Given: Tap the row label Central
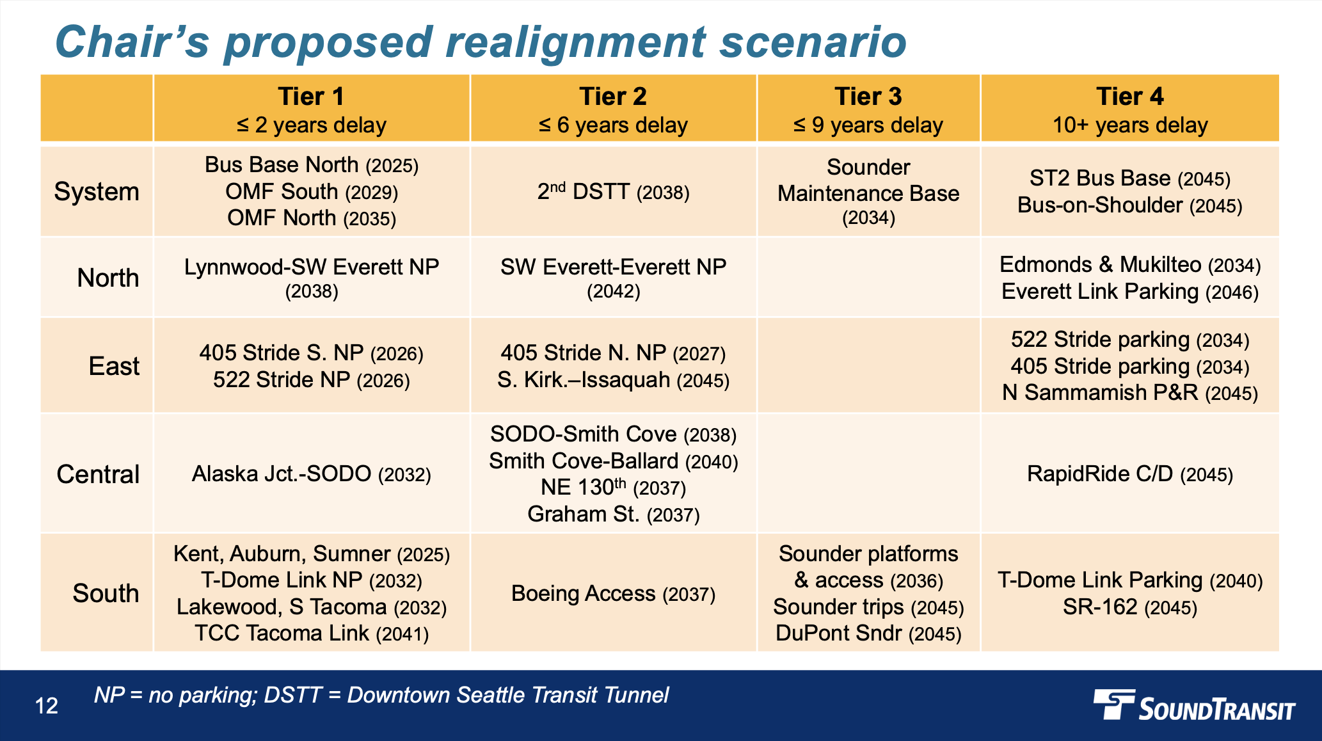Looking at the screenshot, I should pyautogui.click(x=98, y=474).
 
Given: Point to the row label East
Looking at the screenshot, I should pyautogui.click(x=114, y=366).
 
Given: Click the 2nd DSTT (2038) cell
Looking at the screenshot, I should pyautogui.click(x=613, y=192).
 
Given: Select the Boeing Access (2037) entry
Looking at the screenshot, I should pyautogui.click(x=613, y=594).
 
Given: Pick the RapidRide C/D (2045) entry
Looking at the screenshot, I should pyautogui.click(x=1129, y=474).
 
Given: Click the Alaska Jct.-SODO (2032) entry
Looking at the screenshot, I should pyautogui.click(x=312, y=474).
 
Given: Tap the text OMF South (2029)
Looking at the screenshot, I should pyautogui.click(x=312, y=191).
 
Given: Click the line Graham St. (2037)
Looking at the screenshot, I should pyautogui.click(x=613, y=514).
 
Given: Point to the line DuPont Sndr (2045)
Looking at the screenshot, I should pyautogui.click(x=868, y=633).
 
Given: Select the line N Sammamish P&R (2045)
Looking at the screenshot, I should pyautogui.click(x=1129, y=392).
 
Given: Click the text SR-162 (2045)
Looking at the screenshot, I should pyautogui.click(x=1129, y=607).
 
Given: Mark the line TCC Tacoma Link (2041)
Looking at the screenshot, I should pyautogui.click(x=312, y=633).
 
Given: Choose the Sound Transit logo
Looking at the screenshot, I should pyautogui.click(x=1193, y=706).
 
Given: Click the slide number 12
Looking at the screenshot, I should pyautogui.click(x=47, y=706).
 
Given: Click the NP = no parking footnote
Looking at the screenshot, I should pyautogui.click(x=381, y=695).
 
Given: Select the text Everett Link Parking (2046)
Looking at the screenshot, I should pyautogui.click(x=1129, y=292).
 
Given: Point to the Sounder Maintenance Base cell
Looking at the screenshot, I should pyautogui.click(x=868, y=192).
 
